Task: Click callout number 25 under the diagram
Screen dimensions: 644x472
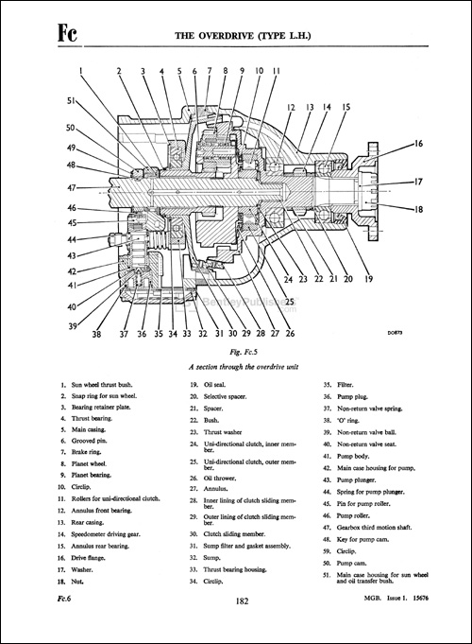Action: pos(289,302)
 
